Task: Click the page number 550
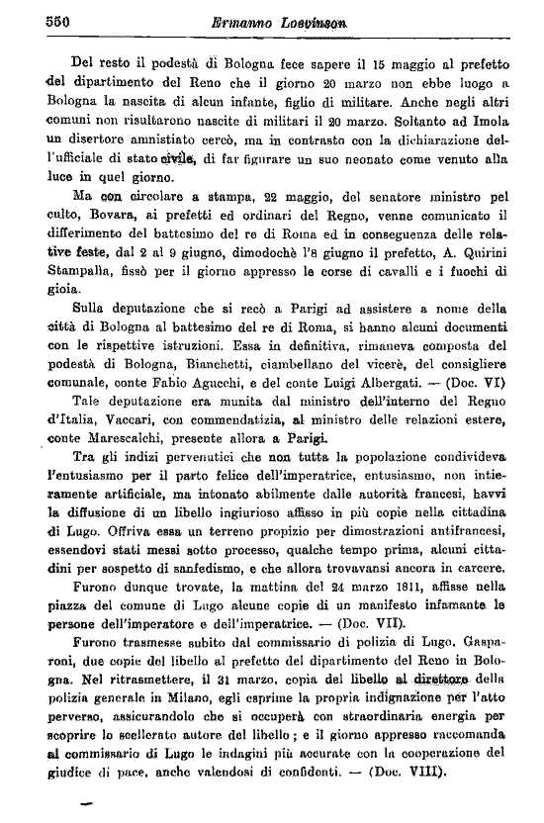[x=35, y=20]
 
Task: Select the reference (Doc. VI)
[x=477, y=381]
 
